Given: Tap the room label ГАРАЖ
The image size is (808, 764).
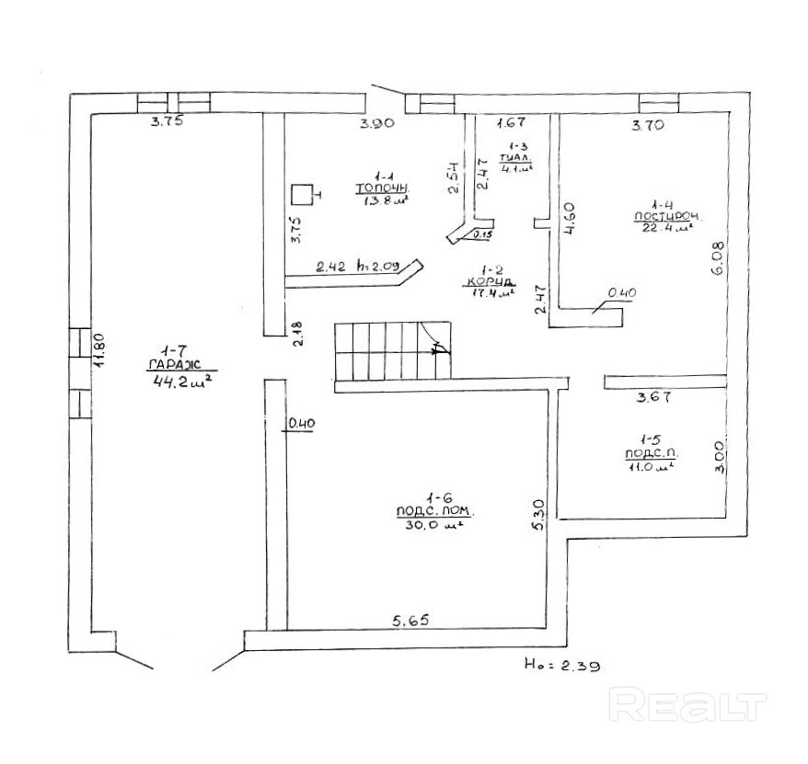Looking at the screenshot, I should pyautogui.click(x=174, y=366).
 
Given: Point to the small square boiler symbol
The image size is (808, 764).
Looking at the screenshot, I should pyautogui.click(x=301, y=195).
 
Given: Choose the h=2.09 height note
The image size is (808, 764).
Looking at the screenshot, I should pyautogui.click(x=380, y=268).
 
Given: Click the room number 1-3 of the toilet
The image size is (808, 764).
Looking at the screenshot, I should pyautogui.click(x=517, y=147).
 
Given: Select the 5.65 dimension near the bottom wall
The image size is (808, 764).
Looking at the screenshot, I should pyautogui.click(x=410, y=621).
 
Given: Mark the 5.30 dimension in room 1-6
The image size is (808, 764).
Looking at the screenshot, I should pyautogui.click(x=540, y=515).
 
